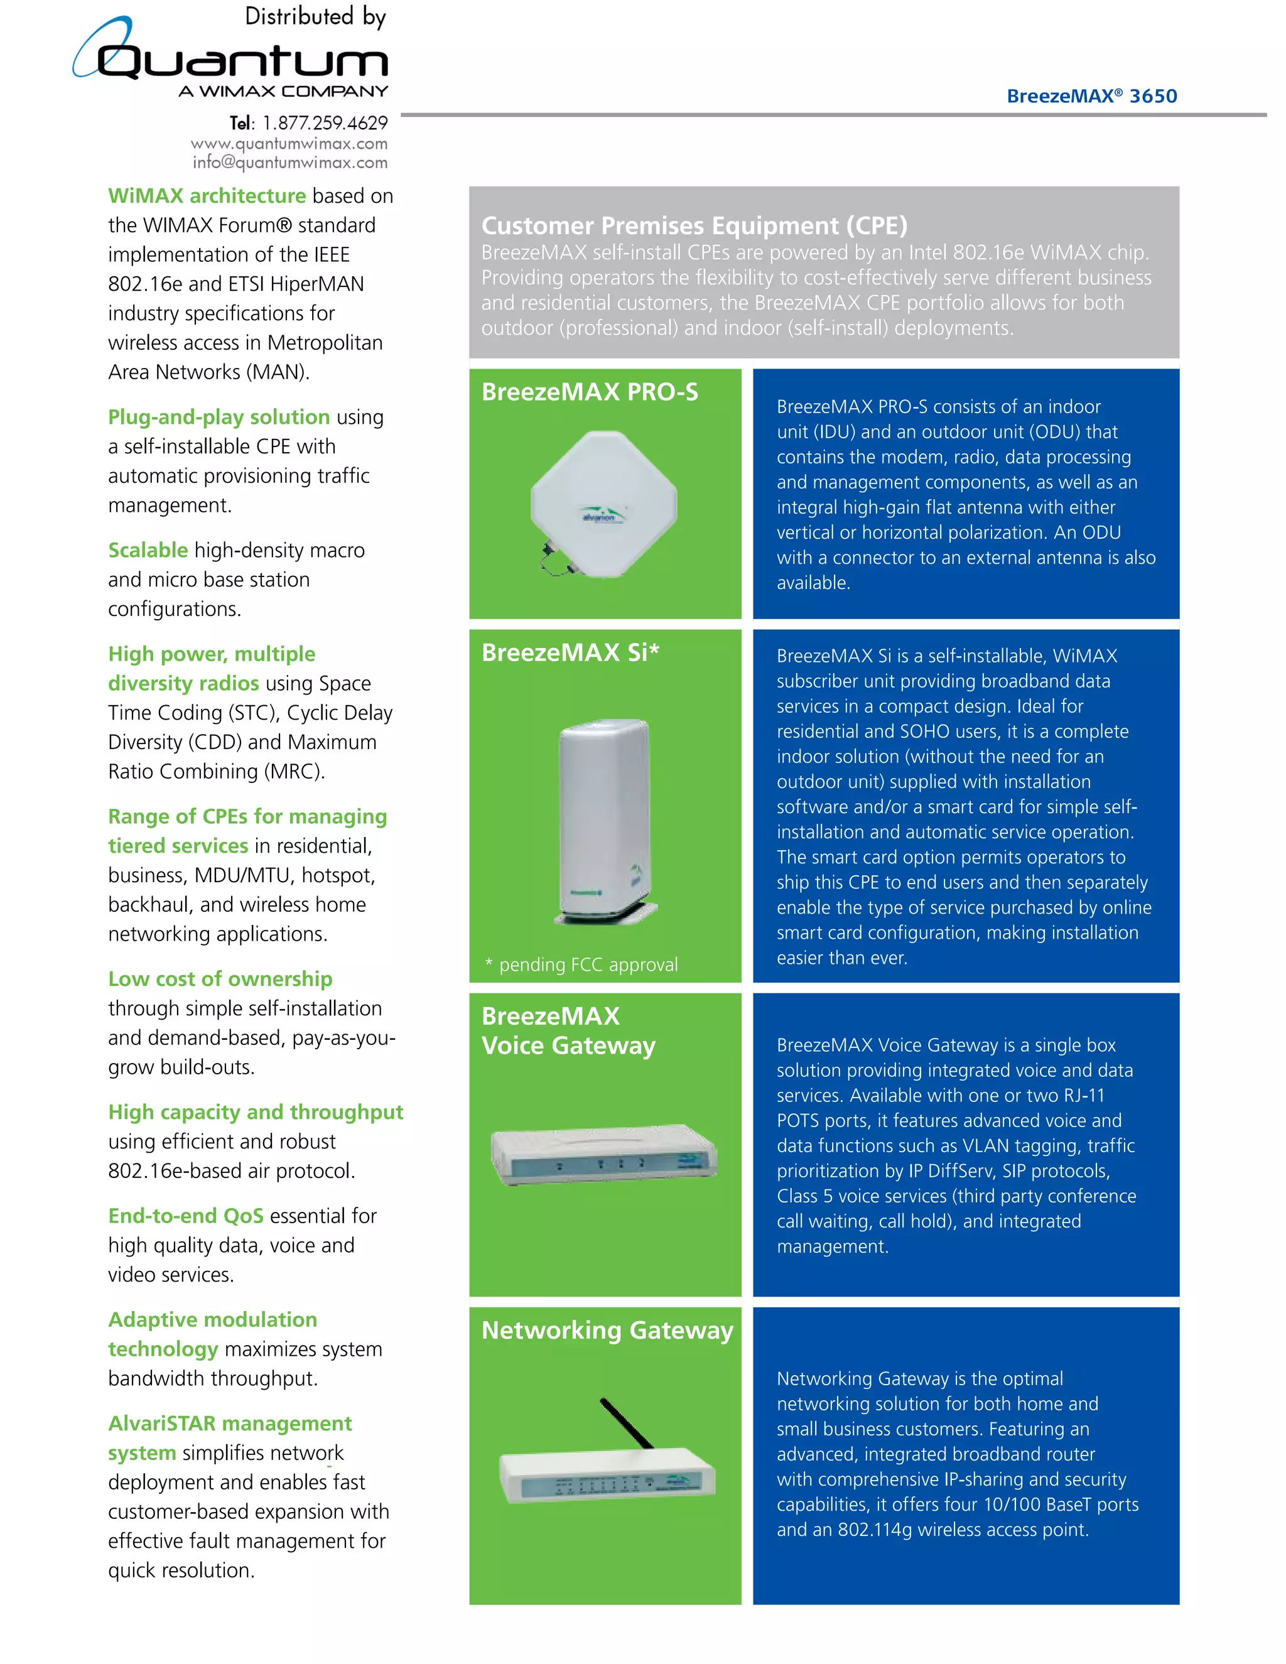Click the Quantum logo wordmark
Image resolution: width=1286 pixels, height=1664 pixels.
242,61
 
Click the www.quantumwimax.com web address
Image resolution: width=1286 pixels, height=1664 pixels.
289,143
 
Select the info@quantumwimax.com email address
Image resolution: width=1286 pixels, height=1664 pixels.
289,162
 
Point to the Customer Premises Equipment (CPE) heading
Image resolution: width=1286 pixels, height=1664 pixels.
694,225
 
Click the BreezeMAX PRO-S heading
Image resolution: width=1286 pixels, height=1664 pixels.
589,392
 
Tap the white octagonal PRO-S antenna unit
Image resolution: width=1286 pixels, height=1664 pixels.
603,503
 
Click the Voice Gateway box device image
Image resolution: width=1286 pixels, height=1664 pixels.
603,1154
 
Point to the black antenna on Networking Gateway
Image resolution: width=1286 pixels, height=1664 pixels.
626,1422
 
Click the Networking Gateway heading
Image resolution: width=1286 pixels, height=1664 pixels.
607,1331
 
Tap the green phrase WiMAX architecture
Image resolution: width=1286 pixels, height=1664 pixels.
207,196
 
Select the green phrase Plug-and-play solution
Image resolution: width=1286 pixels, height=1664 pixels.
219,417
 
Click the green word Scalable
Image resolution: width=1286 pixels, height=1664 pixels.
148,550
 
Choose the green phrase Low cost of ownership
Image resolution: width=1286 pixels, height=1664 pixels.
220,979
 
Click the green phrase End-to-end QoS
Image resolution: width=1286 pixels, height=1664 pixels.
185,1216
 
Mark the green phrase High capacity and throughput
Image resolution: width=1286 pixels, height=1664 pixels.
255,1113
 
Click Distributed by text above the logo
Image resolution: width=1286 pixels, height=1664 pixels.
315,17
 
